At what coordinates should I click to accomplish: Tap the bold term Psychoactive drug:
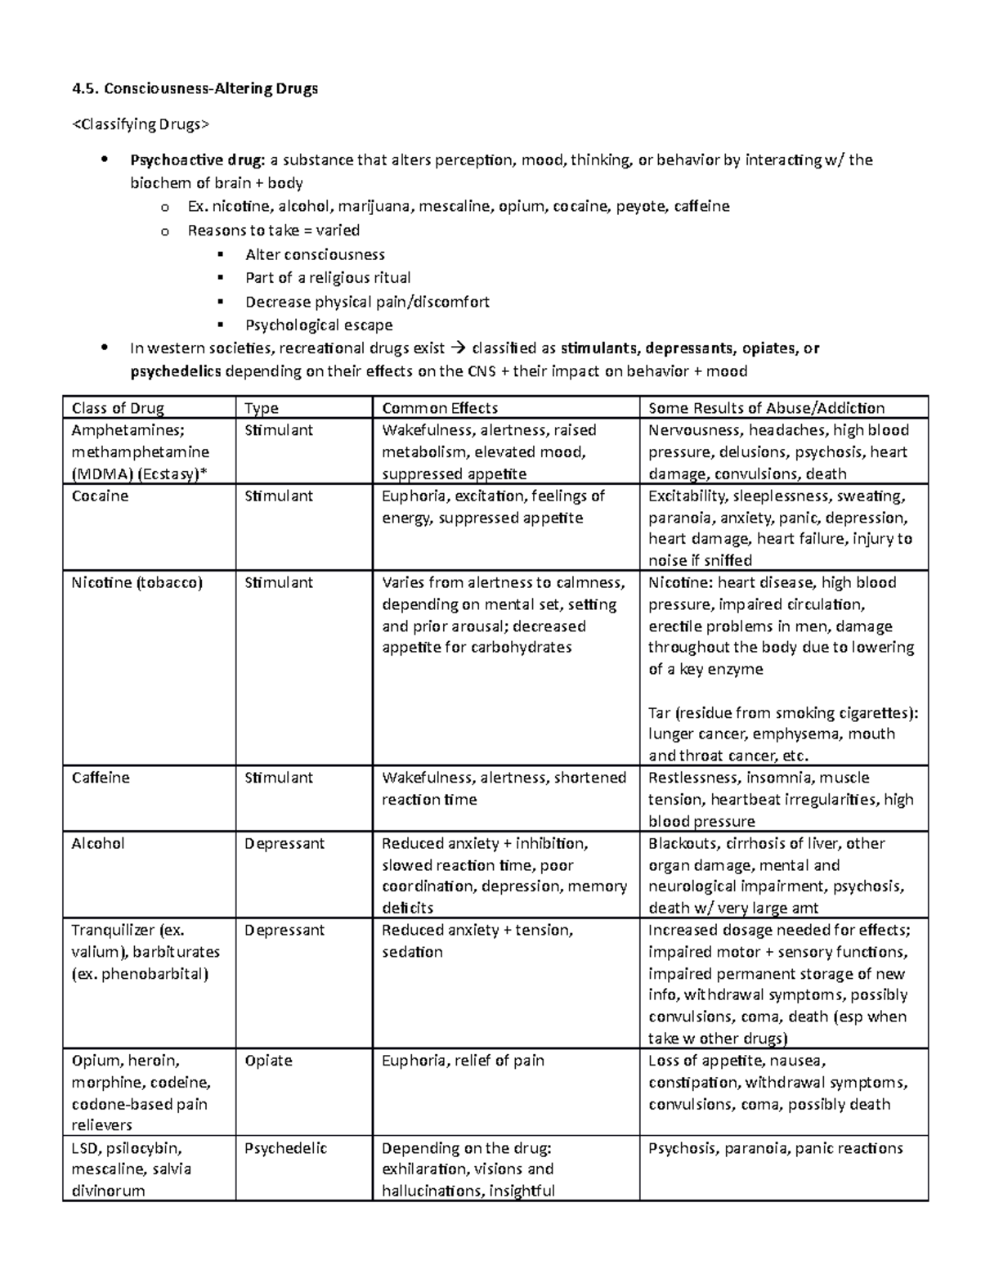tap(197, 160)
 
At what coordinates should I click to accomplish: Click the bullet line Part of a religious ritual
tap(328, 278)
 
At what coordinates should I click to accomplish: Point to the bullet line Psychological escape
tap(319, 325)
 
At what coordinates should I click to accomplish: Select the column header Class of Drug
tap(118, 408)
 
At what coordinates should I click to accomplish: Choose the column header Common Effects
tap(440, 408)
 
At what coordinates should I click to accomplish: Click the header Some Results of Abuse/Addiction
tap(766, 408)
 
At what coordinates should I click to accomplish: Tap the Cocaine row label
tap(100, 496)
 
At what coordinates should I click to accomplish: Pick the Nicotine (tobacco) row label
tap(137, 583)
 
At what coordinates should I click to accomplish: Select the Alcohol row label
tap(98, 843)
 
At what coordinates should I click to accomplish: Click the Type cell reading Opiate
tap(268, 1061)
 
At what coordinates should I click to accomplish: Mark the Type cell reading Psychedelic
tap(285, 1148)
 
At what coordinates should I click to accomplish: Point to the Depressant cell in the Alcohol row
tap(284, 843)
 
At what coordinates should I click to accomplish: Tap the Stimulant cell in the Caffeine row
tap(279, 778)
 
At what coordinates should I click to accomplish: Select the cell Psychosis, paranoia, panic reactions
tap(775, 1148)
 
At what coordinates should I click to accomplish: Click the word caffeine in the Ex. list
tap(701, 206)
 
